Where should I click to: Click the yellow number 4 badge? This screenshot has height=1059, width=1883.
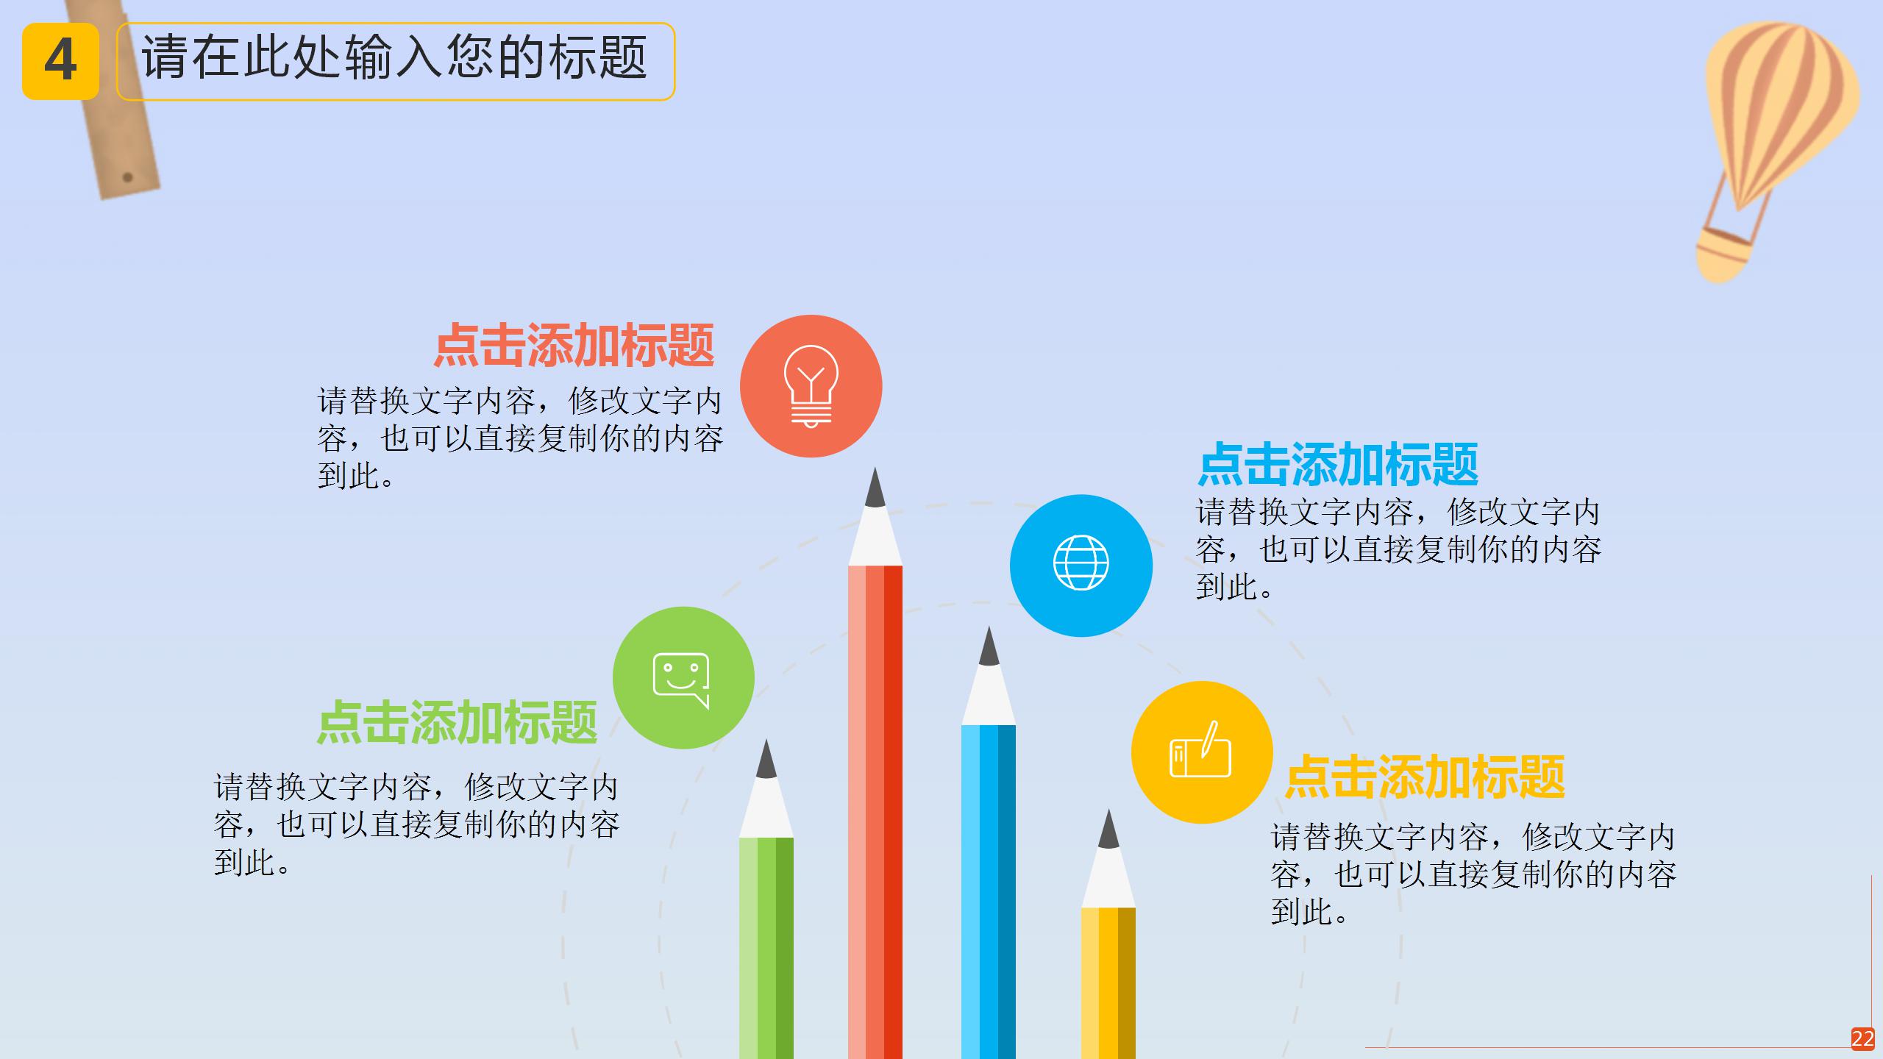tap(60, 61)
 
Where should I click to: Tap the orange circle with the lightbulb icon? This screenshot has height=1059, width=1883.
tap(811, 386)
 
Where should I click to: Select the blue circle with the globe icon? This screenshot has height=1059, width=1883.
tap(1081, 565)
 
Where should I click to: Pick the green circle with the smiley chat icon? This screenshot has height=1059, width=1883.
tap(683, 677)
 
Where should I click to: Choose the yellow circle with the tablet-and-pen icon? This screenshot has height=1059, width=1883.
tap(1202, 752)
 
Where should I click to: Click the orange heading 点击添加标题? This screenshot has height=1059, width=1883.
tap(574, 346)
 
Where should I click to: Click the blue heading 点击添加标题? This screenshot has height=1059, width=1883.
tap(1338, 464)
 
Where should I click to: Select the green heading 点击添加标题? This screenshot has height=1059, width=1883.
tap(457, 723)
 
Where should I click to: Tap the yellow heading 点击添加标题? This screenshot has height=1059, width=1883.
tap(1425, 777)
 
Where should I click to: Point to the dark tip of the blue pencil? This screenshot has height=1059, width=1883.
tap(989, 648)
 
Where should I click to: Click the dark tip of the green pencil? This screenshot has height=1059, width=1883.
tap(766, 760)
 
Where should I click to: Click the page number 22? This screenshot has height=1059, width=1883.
tap(1862, 1038)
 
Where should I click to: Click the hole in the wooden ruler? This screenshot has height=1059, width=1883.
tap(127, 177)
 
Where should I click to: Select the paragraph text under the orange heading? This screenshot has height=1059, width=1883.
tap(520, 438)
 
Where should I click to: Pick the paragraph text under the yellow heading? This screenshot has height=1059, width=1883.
tap(1473, 874)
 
